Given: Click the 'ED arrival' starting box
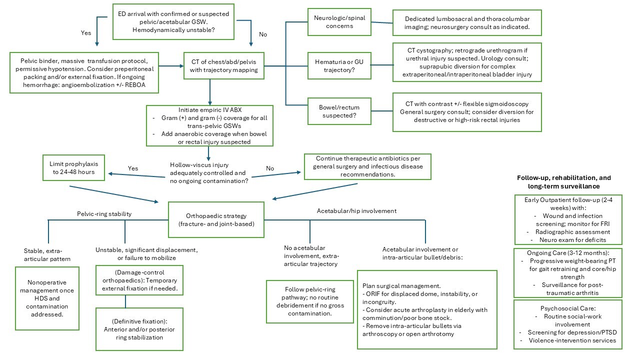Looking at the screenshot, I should tap(174, 21).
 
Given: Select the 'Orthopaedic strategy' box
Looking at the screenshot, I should tap(216, 219).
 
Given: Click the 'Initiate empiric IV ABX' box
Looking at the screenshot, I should tap(209, 125).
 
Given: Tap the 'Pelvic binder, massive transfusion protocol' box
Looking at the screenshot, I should tap(84, 72).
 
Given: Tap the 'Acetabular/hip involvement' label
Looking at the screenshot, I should tap(356, 211).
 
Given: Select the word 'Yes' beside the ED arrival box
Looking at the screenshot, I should tap(86, 32).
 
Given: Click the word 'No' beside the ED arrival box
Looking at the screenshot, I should tap(263, 34).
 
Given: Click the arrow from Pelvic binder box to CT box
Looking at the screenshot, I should tap(171, 65).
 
